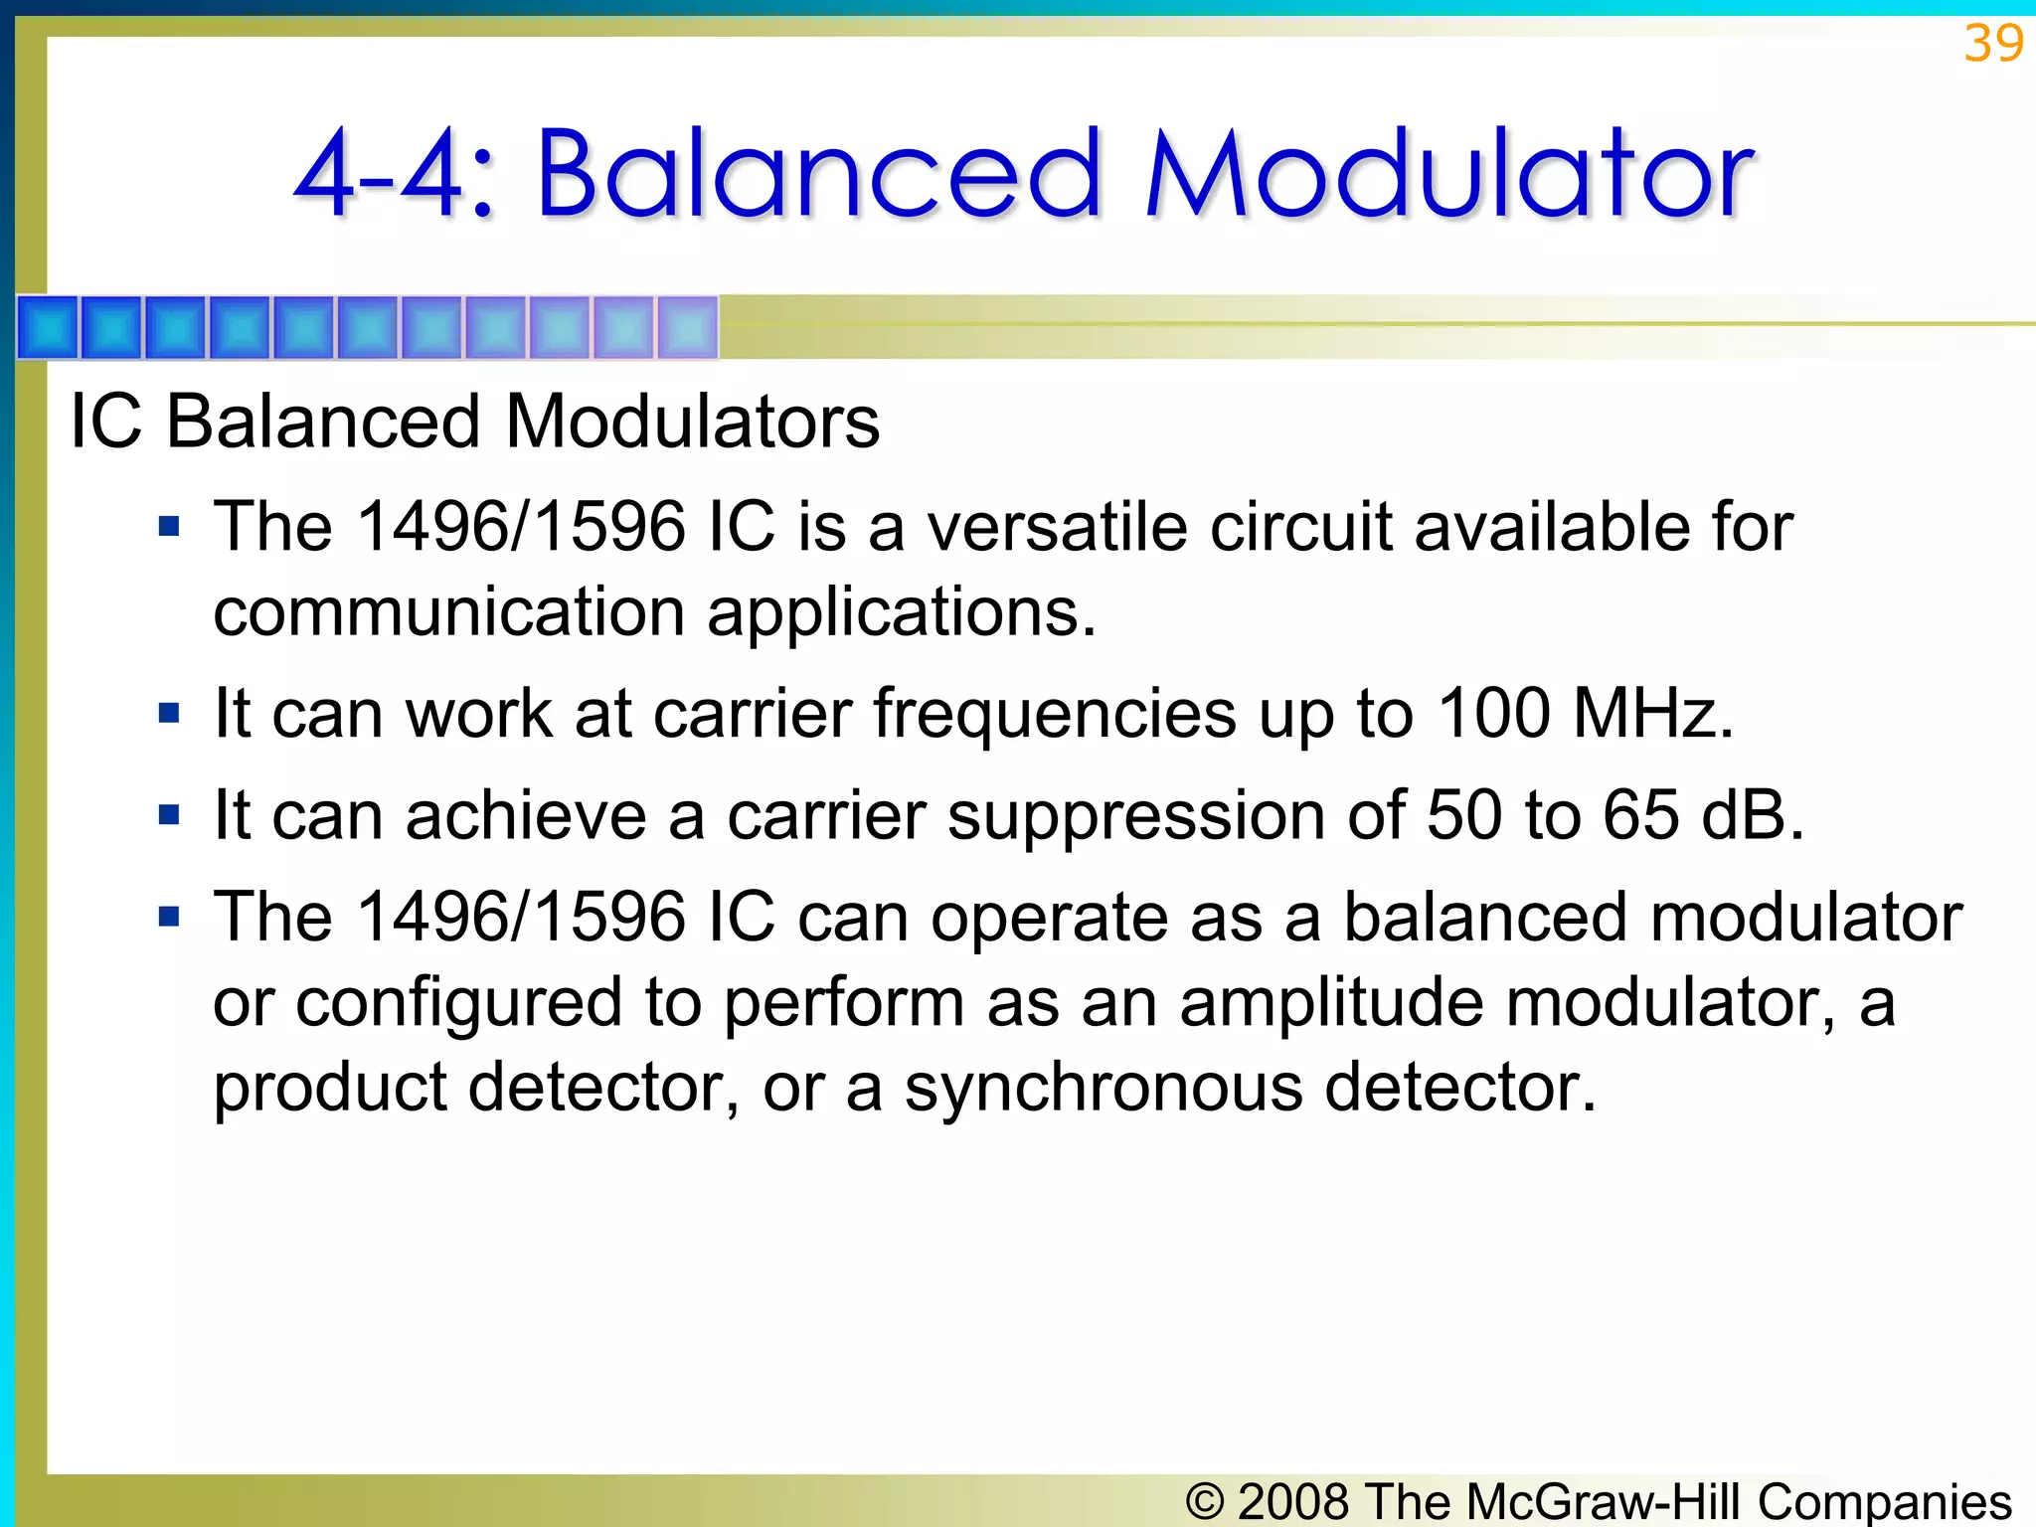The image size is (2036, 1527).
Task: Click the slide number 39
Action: pyautogui.click(x=1992, y=44)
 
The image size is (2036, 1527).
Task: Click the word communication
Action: pyautogui.click(x=448, y=611)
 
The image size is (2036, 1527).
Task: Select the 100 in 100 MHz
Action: pyautogui.click(x=1494, y=713)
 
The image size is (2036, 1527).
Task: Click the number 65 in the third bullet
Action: pyautogui.click(x=1640, y=815)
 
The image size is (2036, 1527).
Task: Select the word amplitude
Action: pyautogui.click(x=1331, y=1002)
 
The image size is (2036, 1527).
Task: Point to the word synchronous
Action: pyautogui.click(x=1103, y=1087)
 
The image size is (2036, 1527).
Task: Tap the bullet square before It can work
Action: pyautogui.click(x=169, y=713)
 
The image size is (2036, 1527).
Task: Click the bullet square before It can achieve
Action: pyautogui.click(x=169, y=815)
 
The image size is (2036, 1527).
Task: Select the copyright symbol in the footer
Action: pyautogui.click(x=1205, y=1500)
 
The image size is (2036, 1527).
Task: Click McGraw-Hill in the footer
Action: pyautogui.click(x=1603, y=1500)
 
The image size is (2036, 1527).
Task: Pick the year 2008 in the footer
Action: pyautogui.click(x=1293, y=1500)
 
